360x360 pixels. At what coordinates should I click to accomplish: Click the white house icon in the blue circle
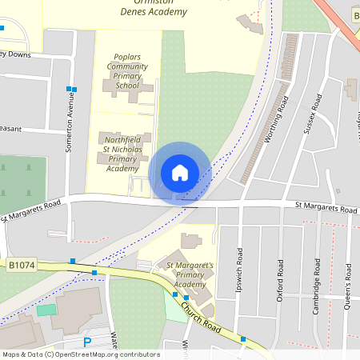click(180, 173)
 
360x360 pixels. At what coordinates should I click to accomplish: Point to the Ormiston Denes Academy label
click(153, 8)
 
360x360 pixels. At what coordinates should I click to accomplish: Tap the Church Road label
click(200, 314)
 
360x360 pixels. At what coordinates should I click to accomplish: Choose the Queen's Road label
click(349, 285)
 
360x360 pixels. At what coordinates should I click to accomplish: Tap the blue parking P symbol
click(87, 342)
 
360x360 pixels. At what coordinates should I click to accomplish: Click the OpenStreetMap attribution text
click(81, 354)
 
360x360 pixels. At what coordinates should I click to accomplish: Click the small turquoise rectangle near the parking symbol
click(47, 310)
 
